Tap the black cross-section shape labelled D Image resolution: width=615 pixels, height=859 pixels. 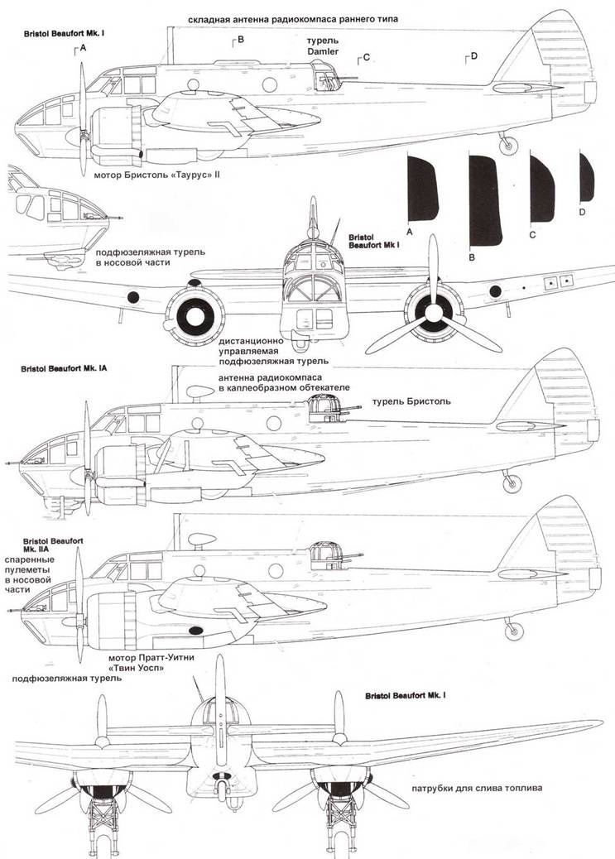tap(586, 177)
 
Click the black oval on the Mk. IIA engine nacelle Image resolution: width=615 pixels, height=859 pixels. tap(195, 631)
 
